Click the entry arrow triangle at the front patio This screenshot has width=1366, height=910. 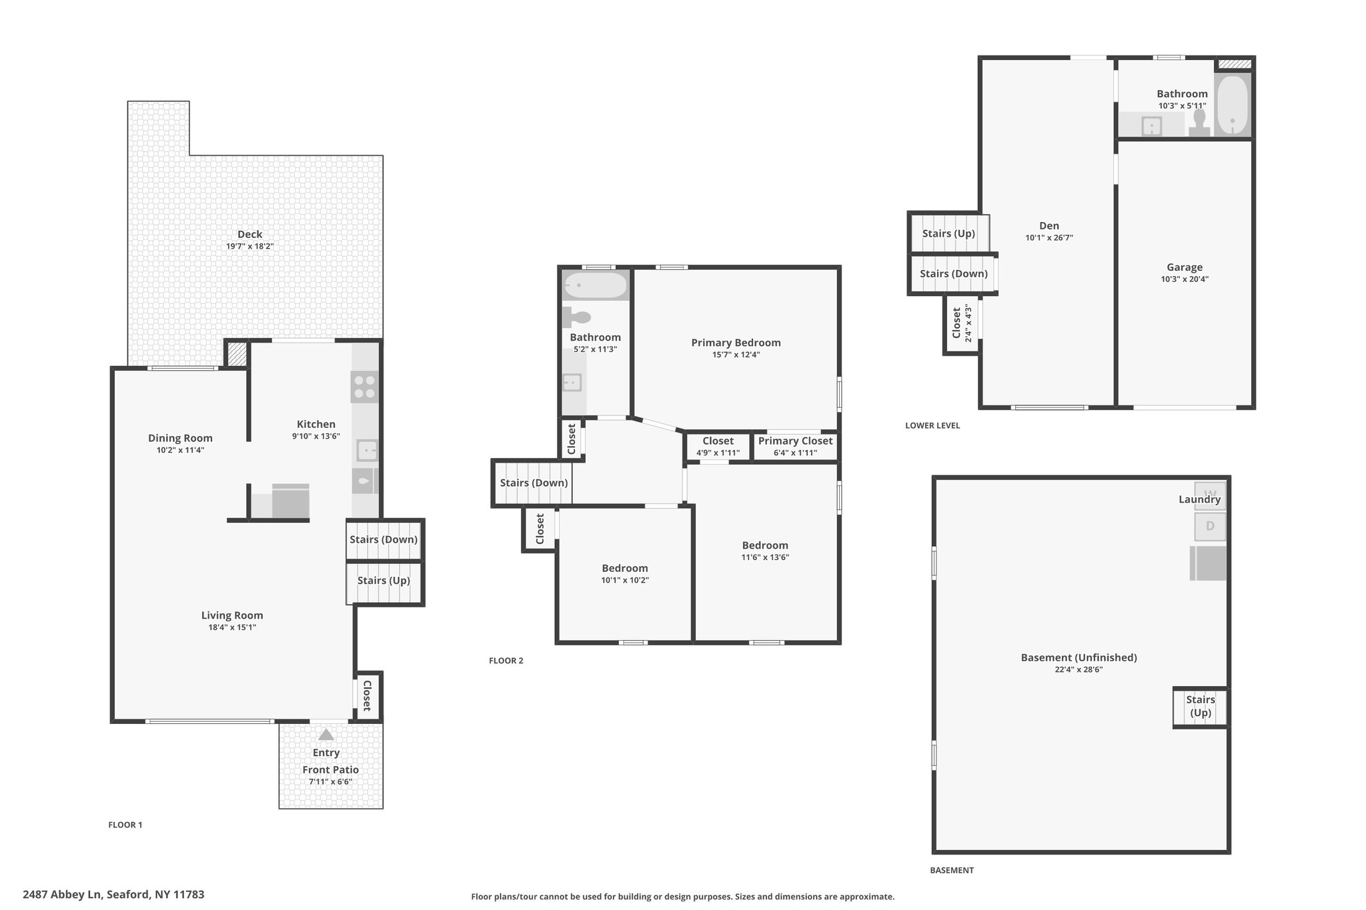(x=325, y=735)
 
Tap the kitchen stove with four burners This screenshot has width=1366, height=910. (x=365, y=387)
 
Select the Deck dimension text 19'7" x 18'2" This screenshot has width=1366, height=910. (x=250, y=247)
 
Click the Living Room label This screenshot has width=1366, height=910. (x=232, y=615)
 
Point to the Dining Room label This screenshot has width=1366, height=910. (x=180, y=438)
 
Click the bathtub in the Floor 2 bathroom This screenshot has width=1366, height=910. (x=596, y=286)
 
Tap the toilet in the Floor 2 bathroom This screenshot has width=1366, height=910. (x=577, y=317)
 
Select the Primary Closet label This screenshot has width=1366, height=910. (x=796, y=441)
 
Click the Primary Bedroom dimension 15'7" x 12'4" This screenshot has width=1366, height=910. (x=736, y=355)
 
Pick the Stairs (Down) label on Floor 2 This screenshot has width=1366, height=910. (x=534, y=483)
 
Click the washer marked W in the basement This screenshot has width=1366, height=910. (x=1210, y=495)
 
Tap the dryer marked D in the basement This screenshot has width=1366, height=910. (x=1210, y=526)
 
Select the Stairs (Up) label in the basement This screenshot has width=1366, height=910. (x=1201, y=706)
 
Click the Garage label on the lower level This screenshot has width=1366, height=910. (x=1185, y=267)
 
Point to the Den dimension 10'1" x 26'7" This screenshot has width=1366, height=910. (x=1049, y=238)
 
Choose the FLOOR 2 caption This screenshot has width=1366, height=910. (x=506, y=661)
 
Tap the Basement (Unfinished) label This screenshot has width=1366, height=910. (x=1079, y=657)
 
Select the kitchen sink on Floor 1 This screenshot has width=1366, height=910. (x=366, y=451)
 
